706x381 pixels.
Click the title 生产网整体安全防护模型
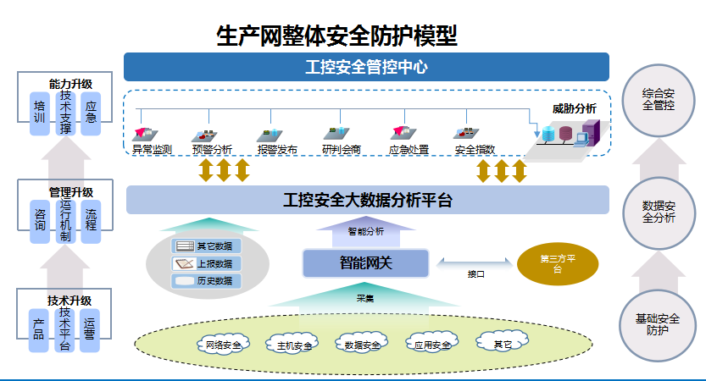[x=336, y=35]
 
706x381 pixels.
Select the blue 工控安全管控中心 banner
[x=366, y=67]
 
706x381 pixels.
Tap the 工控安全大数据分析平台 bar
[x=367, y=201]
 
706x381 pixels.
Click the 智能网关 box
[x=366, y=262]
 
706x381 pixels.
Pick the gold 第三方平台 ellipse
[x=557, y=263]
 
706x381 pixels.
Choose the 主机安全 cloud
[x=294, y=345]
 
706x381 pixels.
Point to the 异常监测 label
[x=153, y=150]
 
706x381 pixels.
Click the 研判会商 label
[x=342, y=150]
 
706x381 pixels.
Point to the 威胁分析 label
[x=574, y=108]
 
